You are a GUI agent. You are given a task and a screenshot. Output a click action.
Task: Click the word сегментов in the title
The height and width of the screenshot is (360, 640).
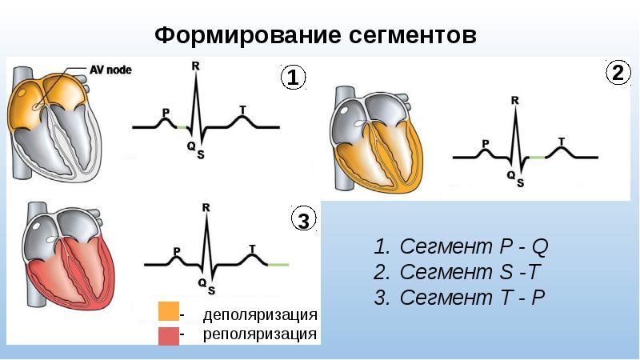tap(413, 36)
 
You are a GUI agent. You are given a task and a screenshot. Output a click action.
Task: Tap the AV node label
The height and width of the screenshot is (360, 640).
tap(110, 70)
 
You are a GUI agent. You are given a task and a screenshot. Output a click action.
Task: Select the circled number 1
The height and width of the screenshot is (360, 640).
tap(292, 78)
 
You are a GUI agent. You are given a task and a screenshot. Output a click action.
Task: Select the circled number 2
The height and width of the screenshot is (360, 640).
tap(617, 74)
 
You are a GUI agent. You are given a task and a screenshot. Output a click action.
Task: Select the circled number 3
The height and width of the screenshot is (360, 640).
tap(303, 220)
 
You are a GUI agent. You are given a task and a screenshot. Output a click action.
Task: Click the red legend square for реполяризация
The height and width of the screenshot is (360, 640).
tap(168, 334)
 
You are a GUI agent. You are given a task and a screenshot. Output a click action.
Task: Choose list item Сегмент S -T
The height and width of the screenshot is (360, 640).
tap(460, 271)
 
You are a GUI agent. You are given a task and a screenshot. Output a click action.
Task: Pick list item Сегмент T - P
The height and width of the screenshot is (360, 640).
tap(461, 298)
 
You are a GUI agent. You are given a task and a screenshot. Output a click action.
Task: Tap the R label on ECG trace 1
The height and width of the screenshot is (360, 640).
tap(195, 66)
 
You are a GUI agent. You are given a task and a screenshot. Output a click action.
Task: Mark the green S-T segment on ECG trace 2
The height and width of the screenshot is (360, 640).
tap(537, 158)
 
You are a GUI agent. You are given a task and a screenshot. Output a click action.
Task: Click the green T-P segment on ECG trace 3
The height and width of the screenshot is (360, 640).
tap(278, 264)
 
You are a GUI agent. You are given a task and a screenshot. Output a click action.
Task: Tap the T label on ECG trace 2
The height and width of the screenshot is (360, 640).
tap(562, 141)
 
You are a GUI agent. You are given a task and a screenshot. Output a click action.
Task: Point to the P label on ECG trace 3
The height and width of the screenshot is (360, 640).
tap(177, 250)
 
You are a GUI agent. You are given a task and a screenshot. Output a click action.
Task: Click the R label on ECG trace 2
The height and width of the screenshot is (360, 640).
tap(514, 101)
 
